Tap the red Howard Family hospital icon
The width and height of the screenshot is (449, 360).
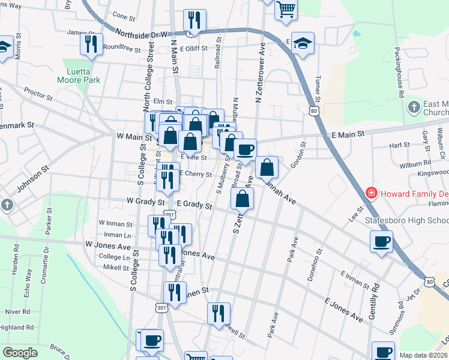[372, 194]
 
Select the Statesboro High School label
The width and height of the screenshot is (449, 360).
[407, 220]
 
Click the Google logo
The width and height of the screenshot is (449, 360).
[20, 353]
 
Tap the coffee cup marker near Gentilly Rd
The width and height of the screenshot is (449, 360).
[382, 242]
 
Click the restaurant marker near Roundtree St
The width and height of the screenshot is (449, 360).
[91, 43]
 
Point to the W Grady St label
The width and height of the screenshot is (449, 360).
[145, 202]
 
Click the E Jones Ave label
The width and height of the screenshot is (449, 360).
[344, 308]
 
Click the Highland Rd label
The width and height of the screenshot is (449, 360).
[16, 328]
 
